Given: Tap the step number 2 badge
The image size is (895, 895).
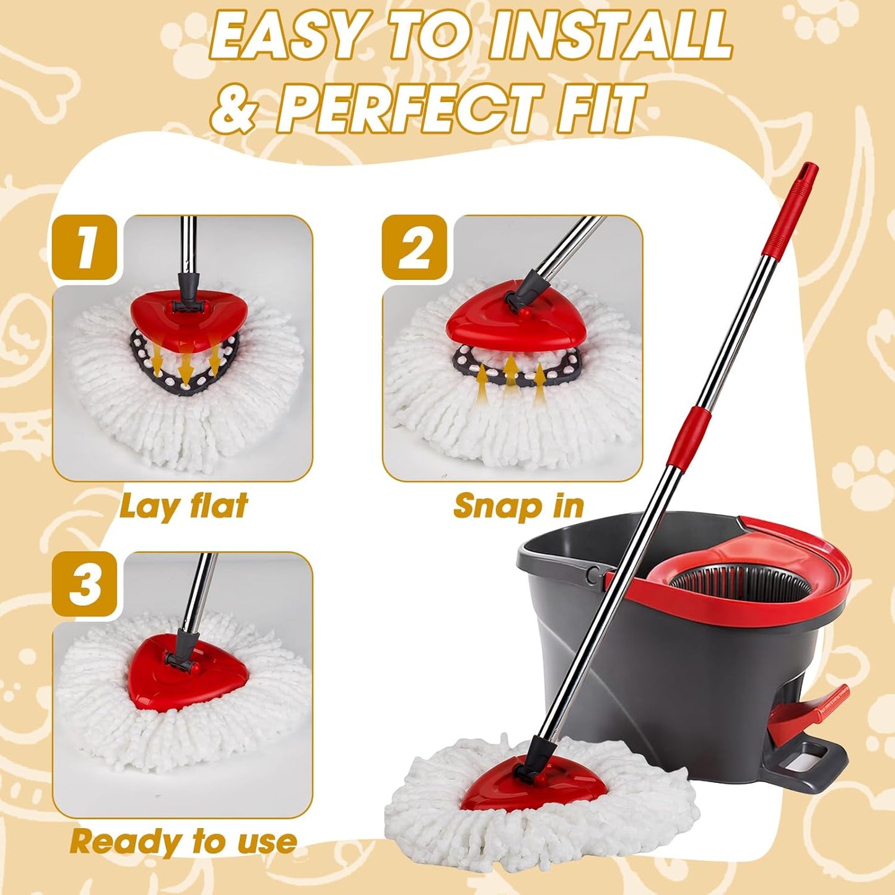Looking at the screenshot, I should pos(414,247).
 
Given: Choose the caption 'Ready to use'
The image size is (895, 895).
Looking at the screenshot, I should pos(183,842).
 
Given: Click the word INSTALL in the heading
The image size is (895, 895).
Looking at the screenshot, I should pos(610,37).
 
